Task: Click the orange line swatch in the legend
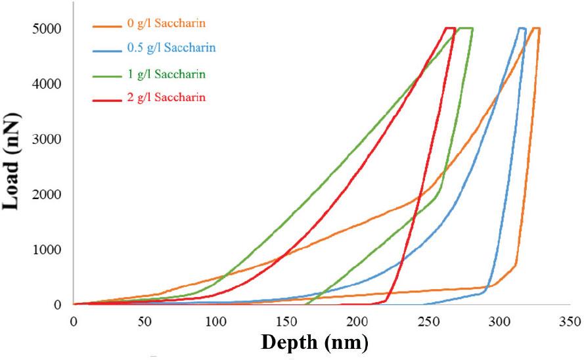pyautogui.click(x=105, y=26)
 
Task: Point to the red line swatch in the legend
pyautogui.click(x=105, y=98)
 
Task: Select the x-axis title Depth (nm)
pyautogui.click(x=315, y=342)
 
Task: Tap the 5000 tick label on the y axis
pyautogui.click(x=49, y=29)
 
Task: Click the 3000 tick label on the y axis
pyautogui.click(x=49, y=139)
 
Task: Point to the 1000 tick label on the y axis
pyautogui.click(x=49, y=250)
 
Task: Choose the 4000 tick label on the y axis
pyautogui.click(x=49, y=84)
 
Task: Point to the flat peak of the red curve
pyautogui.click(x=450, y=28)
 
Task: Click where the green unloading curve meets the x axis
pyautogui.click(x=307, y=304)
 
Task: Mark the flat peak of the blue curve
pyautogui.click(x=522, y=28)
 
